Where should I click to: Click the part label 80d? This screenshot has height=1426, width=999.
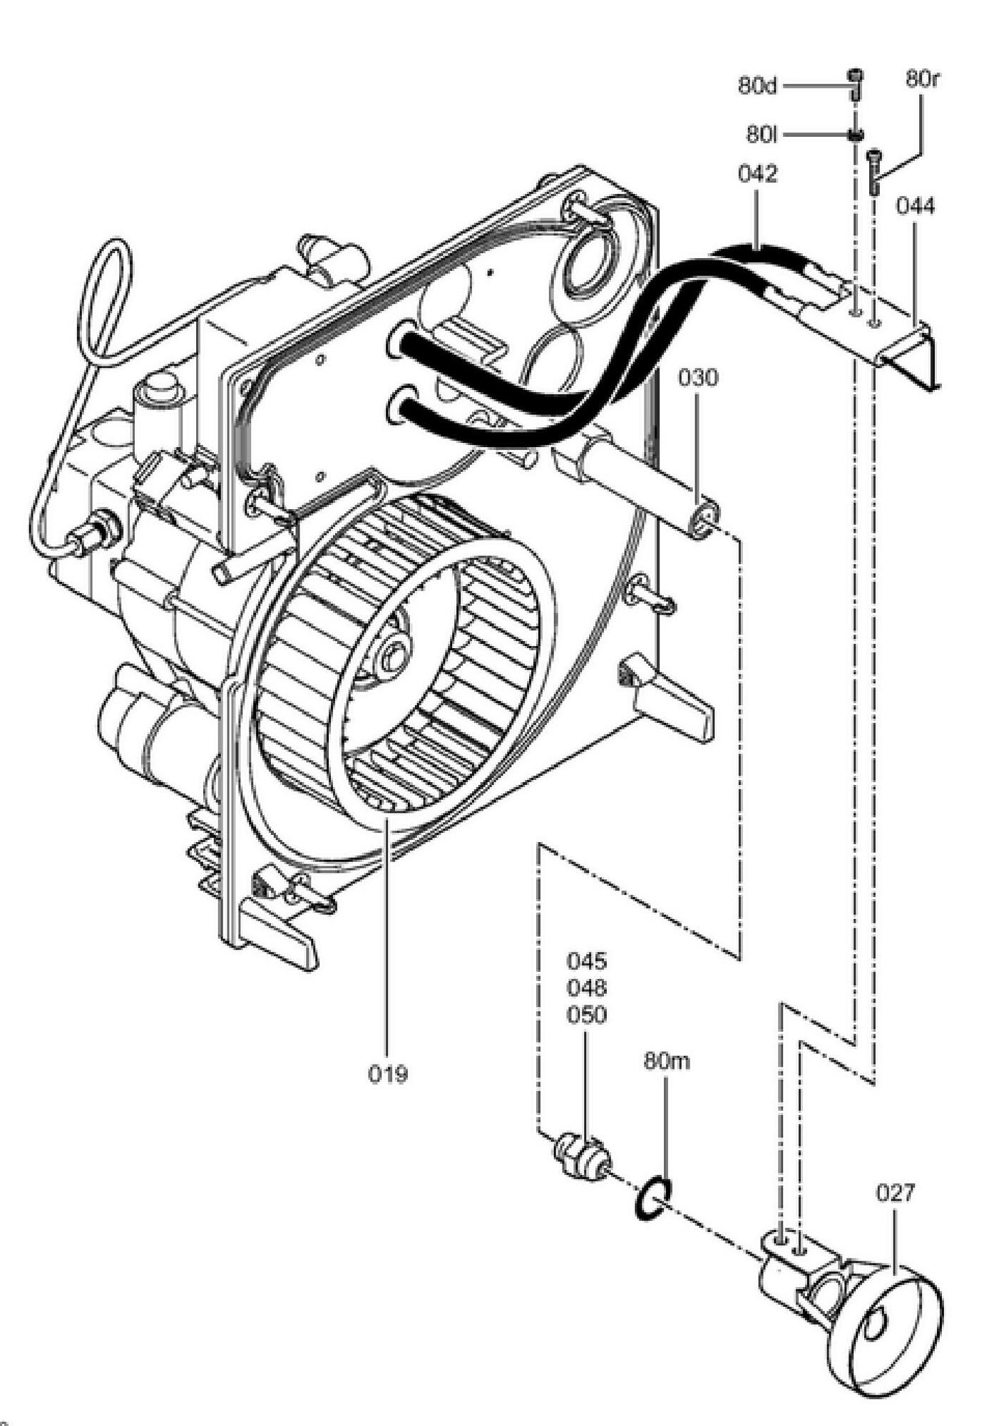tap(757, 86)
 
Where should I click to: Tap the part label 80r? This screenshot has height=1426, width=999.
tap(922, 78)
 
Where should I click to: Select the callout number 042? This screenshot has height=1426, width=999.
tap(757, 174)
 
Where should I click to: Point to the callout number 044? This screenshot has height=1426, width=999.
tap(915, 207)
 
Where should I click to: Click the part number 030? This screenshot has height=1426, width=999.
tap(697, 378)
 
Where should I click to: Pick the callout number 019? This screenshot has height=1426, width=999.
tap(388, 1073)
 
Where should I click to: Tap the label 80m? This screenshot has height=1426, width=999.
tap(667, 1061)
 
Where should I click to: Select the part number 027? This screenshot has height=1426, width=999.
tap(894, 1192)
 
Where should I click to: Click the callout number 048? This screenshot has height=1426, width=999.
tap(587, 988)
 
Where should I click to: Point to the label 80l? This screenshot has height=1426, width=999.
tap(761, 133)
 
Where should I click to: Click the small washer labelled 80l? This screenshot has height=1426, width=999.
tap(855, 133)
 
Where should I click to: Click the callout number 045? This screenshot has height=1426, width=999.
tap(587, 961)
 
